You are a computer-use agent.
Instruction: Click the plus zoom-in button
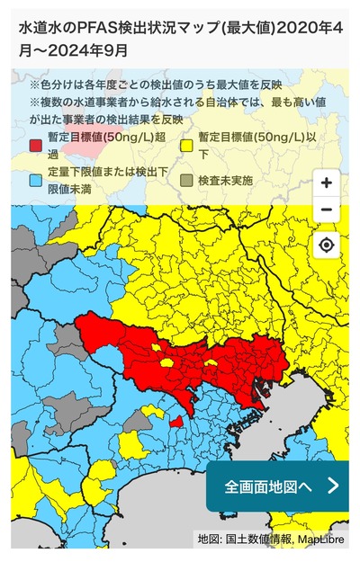tap(326, 183)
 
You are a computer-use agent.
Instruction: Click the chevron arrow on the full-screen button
tap(332, 486)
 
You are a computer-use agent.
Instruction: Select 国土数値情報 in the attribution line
tap(252, 540)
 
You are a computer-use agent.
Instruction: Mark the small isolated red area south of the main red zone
tap(176, 422)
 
